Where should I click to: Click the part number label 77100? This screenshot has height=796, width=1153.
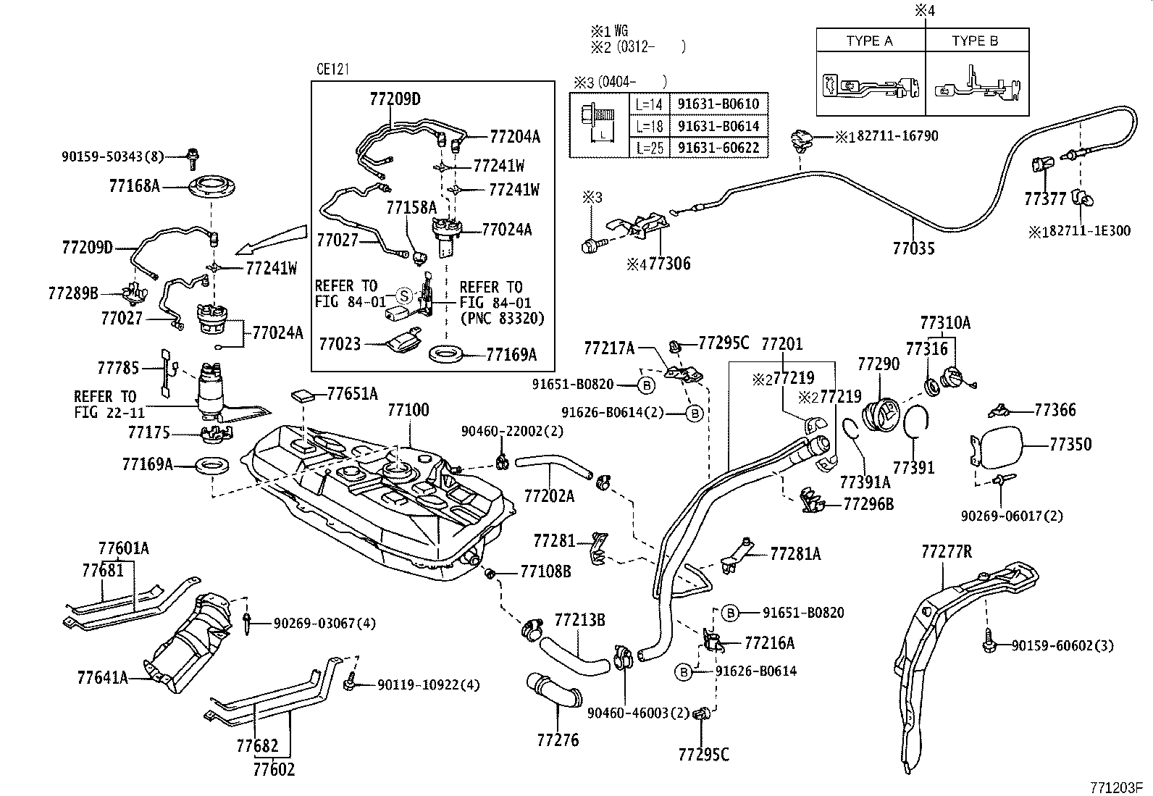(x=408, y=410)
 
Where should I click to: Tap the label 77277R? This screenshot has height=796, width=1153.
(x=946, y=552)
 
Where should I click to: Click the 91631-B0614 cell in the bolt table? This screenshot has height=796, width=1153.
(x=718, y=125)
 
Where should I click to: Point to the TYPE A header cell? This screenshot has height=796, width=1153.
(x=869, y=41)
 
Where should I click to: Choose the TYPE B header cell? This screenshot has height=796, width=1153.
(x=975, y=41)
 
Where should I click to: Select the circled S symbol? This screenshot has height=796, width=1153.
(x=404, y=295)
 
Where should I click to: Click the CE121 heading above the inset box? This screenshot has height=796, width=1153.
(x=333, y=69)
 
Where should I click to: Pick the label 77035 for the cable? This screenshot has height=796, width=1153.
(x=913, y=248)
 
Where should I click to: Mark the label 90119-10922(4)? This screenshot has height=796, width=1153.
(x=428, y=684)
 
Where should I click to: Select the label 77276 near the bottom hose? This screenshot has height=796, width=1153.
(x=558, y=740)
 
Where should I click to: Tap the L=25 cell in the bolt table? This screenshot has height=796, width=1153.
(x=648, y=147)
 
